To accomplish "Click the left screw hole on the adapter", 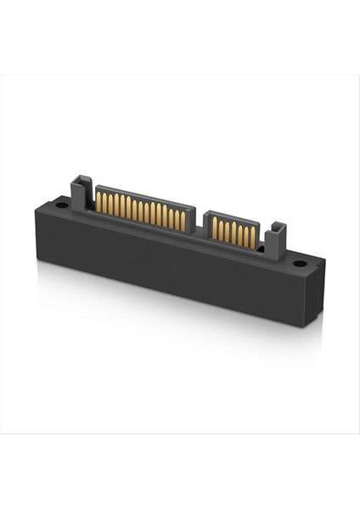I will pyautogui.click(x=63, y=204).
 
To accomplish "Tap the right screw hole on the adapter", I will pyautogui.click(x=299, y=264).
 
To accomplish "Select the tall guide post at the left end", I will pyautogui.click(x=80, y=192).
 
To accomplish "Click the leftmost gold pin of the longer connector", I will pyautogui.click(x=98, y=201).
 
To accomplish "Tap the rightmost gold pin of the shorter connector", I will pyautogui.click(x=251, y=237).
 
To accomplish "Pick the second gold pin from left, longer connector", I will pyautogui.click(x=104, y=203).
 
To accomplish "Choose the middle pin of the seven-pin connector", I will pyautogui.click(x=233, y=232).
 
